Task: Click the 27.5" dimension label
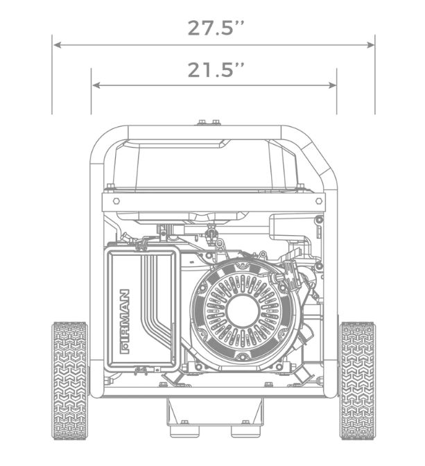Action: (x=216, y=28)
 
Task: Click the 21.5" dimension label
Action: (x=216, y=70)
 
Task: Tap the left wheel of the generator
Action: (x=70, y=381)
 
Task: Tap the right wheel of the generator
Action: (x=357, y=381)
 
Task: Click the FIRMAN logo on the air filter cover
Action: (x=125, y=322)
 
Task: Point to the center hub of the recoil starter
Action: (x=243, y=311)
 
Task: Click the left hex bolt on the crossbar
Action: (x=116, y=201)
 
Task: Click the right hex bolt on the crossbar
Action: (x=319, y=201)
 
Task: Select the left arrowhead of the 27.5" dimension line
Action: (x=57, y=45)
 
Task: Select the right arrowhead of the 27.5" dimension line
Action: (x=370, y=45)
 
